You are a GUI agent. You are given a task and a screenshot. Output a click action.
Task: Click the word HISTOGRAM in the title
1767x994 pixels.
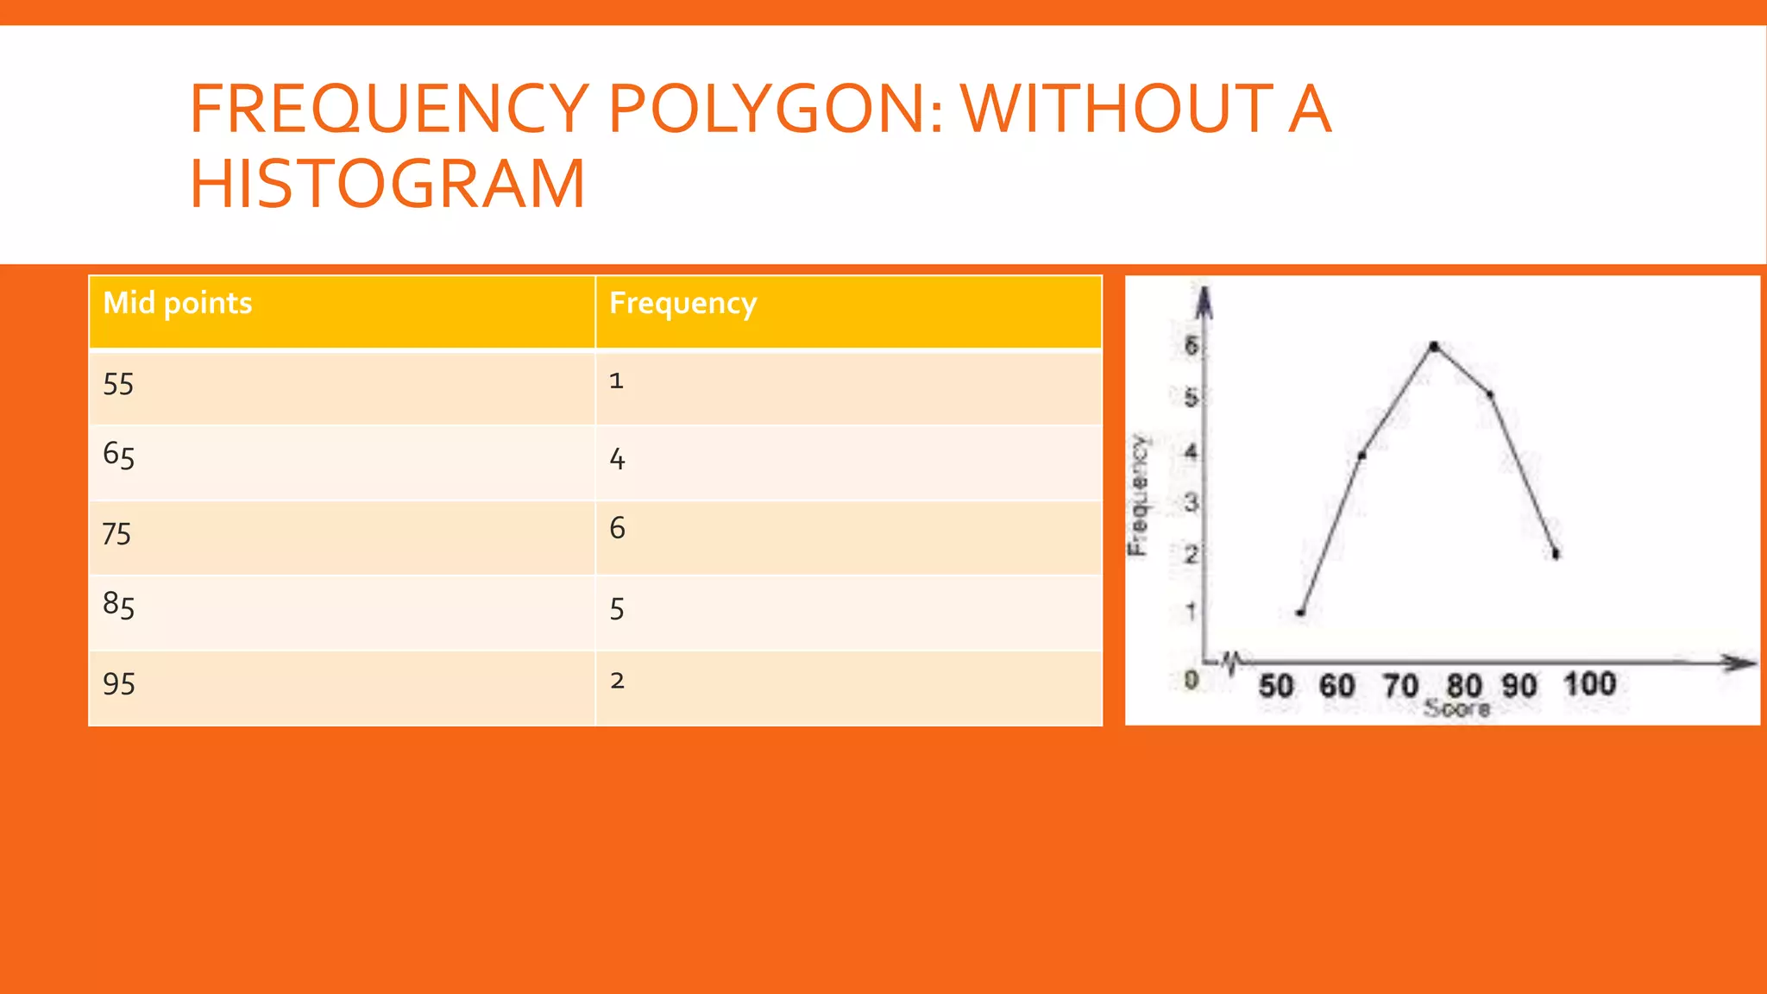tap(387, 184)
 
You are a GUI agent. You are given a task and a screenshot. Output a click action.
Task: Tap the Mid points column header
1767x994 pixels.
tap(178, 303)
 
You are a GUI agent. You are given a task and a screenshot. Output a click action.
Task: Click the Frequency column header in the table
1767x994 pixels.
tap(682, 303)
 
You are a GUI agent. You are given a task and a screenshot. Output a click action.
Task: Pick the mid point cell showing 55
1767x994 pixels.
tap(118, 384)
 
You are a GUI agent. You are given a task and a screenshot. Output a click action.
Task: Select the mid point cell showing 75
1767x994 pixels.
tap(116, 534)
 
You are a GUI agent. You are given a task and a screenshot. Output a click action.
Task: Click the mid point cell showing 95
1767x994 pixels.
tap(118, 684)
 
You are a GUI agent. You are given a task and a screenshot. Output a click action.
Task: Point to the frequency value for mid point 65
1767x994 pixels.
tap(617, 459)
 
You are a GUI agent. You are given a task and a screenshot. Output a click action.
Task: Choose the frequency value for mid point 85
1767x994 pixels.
tap(617, 609)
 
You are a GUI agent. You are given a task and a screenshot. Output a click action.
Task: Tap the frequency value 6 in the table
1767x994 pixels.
tap(617, 528)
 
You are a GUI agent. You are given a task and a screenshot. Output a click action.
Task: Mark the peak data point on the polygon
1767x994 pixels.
tap(1434, 346)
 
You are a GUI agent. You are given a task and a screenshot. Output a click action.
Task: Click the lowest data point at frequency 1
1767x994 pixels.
tap(1300, 613)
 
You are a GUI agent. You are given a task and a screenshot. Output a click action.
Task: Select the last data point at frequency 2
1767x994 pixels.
tap(1556, 554)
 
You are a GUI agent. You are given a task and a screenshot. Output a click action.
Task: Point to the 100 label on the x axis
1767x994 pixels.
tap(1589, 684)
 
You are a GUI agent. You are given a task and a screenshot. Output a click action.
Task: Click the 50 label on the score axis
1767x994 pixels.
tap(1275, 686)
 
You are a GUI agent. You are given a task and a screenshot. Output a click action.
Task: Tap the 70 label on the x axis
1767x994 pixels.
tap(1400, 686)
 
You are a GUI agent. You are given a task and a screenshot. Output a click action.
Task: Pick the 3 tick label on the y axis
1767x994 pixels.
tap(1192, 502)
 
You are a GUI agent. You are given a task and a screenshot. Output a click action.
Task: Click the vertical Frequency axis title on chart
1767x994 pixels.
tap(1139, 495)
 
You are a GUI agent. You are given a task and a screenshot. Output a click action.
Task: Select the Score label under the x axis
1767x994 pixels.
tap(1456, 709)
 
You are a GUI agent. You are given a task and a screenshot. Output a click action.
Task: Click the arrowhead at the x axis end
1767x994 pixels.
tap(1741, 663)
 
